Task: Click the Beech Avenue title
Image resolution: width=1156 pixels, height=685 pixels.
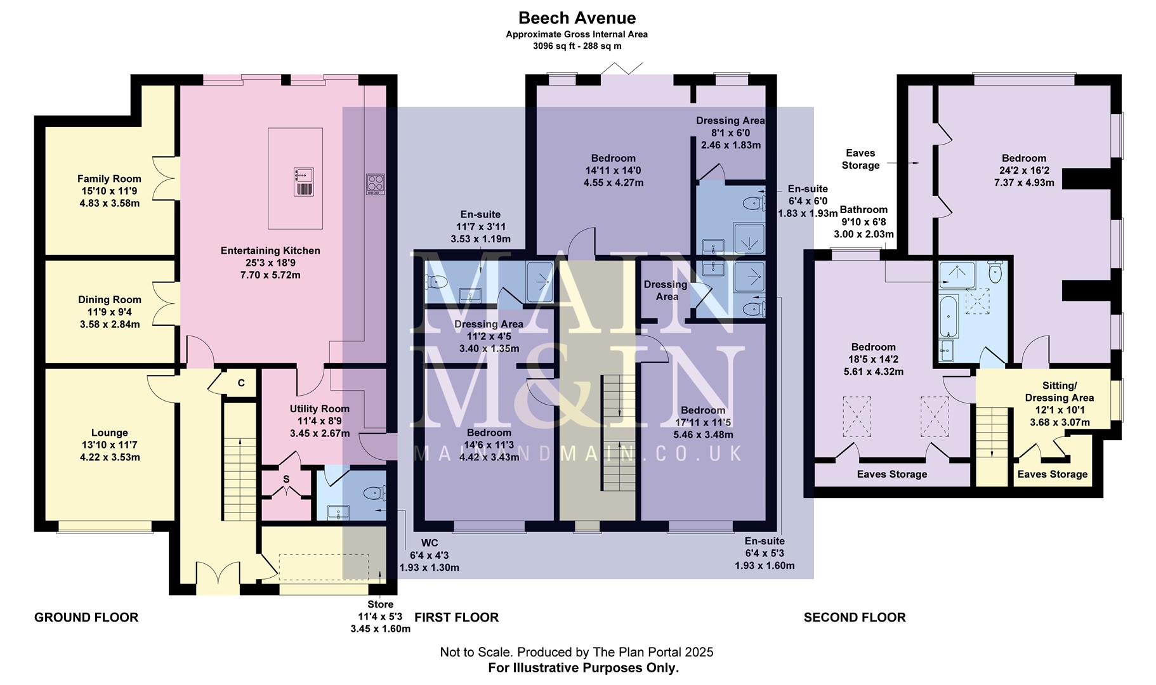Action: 577,18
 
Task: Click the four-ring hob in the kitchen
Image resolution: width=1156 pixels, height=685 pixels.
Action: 375,185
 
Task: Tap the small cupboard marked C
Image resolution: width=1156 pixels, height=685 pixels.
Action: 240,383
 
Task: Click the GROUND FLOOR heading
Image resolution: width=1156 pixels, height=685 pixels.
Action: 86,617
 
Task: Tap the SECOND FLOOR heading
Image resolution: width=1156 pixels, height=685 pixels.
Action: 854,617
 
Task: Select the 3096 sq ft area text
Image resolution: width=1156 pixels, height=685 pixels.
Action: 577,46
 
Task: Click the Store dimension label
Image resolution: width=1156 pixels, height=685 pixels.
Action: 380,616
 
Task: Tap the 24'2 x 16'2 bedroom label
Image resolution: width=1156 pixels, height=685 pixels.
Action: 1023,170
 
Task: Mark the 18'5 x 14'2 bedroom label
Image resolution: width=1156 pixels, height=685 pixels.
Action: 873,359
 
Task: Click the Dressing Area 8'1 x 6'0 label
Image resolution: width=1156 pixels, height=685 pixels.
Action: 730,132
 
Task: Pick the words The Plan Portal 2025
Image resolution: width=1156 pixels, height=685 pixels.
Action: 652,652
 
